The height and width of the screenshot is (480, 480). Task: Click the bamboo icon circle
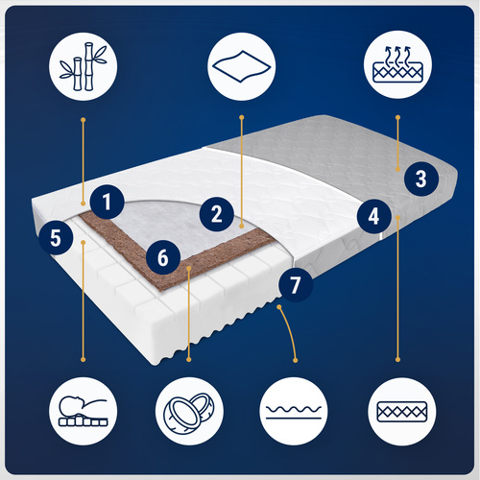[84, 66]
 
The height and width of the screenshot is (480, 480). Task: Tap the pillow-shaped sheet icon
[242, 66]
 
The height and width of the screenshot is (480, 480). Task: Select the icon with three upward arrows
[397, 64]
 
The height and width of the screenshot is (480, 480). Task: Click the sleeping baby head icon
[84, 411]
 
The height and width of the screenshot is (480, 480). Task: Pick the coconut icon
[189, 411]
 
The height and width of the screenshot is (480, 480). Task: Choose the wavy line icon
[294, 411]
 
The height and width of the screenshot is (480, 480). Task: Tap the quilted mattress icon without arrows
[402, 412]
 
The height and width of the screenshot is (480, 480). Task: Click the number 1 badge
[107, 202]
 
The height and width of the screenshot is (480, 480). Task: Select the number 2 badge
[217, 214]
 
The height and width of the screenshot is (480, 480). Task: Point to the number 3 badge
[421, 179]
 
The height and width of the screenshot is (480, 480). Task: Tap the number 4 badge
[374, 216]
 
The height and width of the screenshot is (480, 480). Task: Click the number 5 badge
[56, 238]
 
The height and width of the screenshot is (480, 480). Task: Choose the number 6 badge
[163, 257]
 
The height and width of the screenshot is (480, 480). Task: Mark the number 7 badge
[296, 284]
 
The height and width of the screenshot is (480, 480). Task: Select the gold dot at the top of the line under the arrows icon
[397, 117]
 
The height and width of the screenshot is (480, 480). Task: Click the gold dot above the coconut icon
[189, 360]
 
